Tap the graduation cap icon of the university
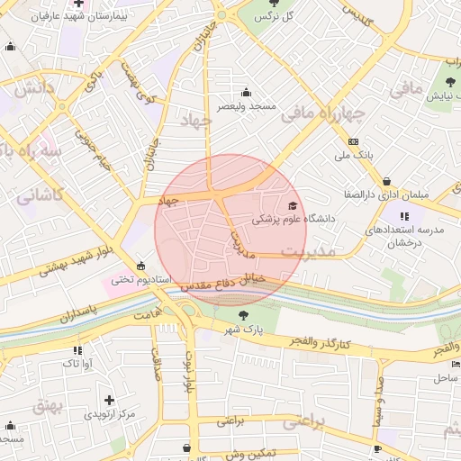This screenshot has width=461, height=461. click(x=291, y=206)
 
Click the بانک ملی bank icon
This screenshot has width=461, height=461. click(x=352, y=142)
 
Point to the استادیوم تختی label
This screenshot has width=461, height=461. click(x=140, y=279)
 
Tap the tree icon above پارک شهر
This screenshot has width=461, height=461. click(x=243, y=315)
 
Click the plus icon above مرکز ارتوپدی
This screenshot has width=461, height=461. click(x=109, y=399)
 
